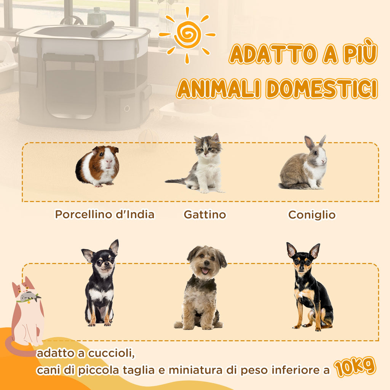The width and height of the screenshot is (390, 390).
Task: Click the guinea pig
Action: tap(97, 166)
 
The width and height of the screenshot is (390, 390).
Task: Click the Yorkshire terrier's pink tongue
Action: tap(205, 270)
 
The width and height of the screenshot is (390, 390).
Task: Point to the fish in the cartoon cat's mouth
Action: tap(30, 297)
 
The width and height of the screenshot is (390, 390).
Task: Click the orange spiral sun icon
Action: tap(187, 35)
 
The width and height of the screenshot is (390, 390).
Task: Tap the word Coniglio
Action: tap(312, 215)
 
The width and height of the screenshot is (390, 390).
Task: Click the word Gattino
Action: tap(205, 215)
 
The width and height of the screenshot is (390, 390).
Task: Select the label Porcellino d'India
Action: tap(104, 214)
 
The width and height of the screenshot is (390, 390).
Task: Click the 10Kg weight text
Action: tap(355, 367)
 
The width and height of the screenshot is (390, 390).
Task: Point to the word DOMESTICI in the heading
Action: tap(321, 88)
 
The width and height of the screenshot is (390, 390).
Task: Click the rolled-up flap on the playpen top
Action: tap(102, 29)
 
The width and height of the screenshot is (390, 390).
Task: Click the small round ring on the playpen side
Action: tap(127, 109)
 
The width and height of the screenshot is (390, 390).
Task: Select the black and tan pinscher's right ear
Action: tap(315, 251)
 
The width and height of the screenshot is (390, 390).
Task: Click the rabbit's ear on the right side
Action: tap(322, 141)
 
